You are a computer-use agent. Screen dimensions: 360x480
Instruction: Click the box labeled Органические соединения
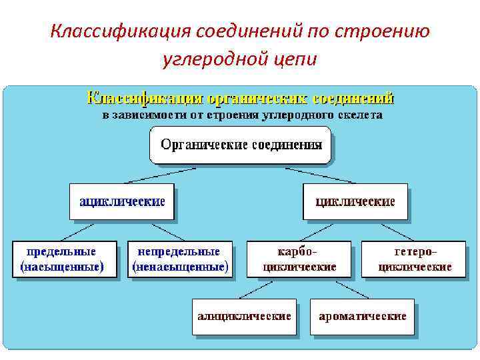(239, 145)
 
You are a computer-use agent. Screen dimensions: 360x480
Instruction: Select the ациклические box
(121, 201)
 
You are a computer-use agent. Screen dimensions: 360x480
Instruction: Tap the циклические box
(355, 201)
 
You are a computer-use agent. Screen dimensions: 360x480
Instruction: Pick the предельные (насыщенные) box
(61, 259)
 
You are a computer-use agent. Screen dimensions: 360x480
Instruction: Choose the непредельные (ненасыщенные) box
(179, 259)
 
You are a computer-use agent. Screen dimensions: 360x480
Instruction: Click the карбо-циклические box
(299, 259)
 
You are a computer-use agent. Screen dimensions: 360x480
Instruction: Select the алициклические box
(244, 316)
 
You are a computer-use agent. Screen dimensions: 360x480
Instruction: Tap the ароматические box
(362, 316)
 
